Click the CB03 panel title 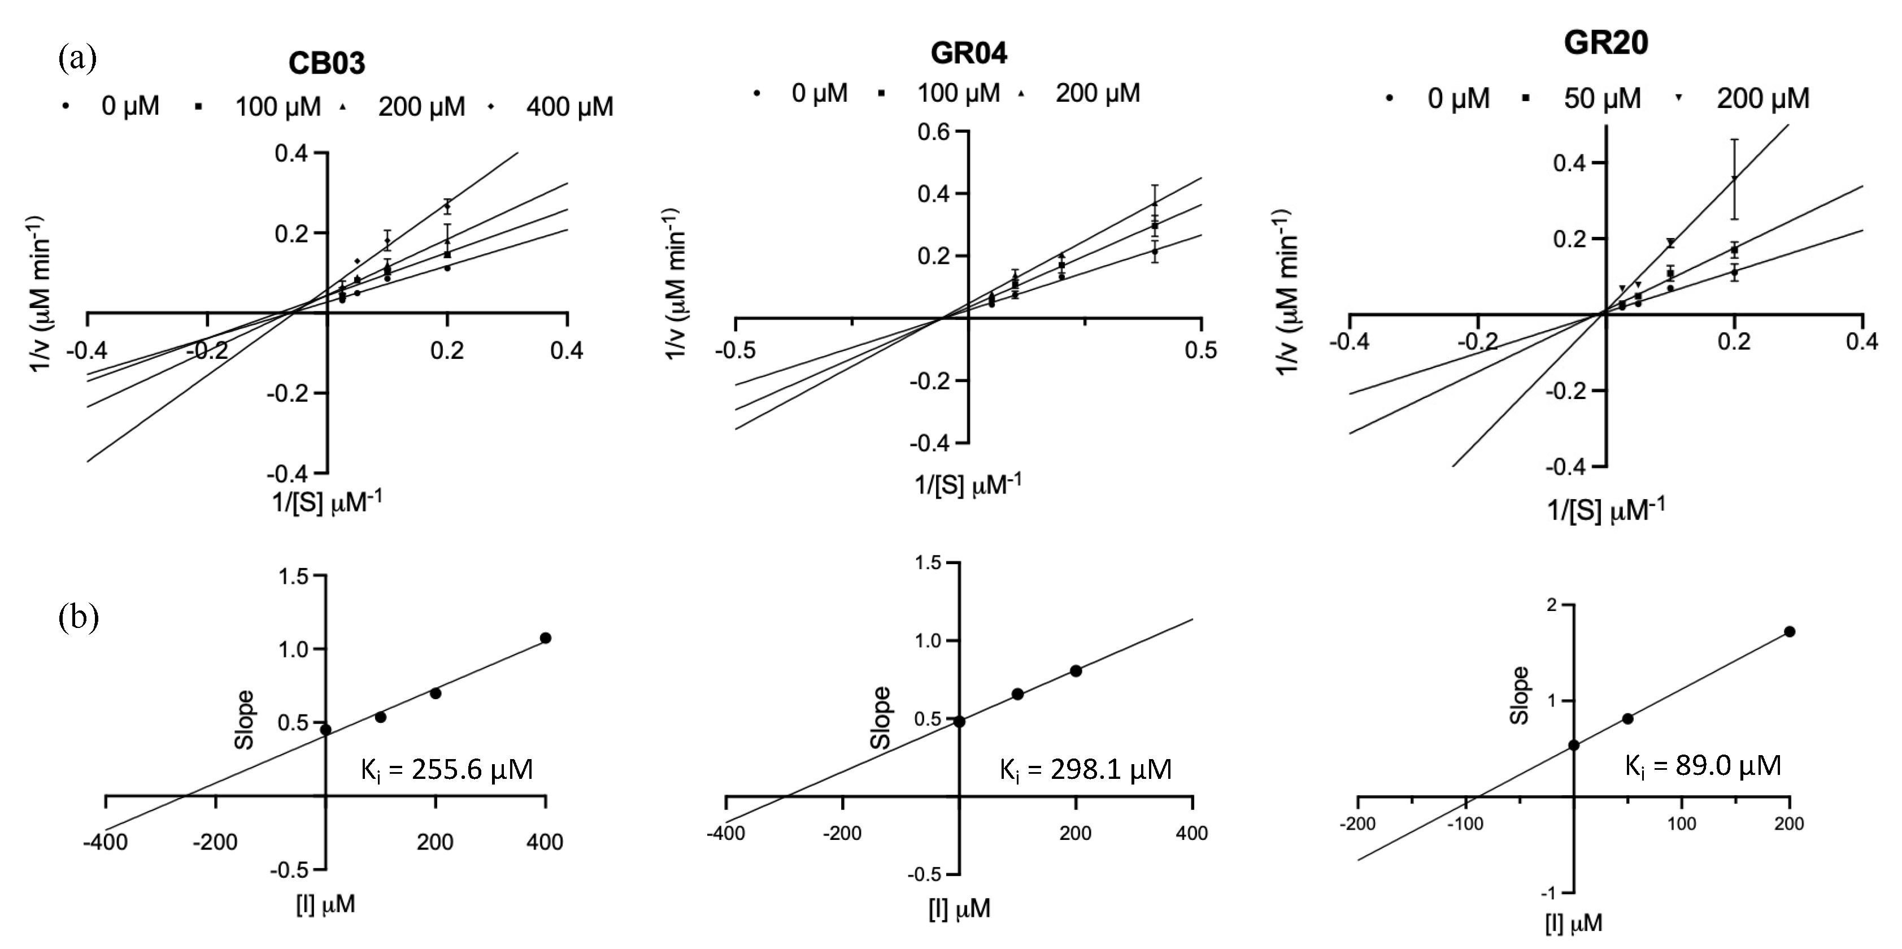(x=327, y=63)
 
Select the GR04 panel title (x=968, y=53)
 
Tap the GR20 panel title (x=1605, y=43)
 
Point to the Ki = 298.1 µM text (x=1085, y=769)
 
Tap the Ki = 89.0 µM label (x=1702, y=766)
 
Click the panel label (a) (x=77, y=58)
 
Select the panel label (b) (x=77, y=617)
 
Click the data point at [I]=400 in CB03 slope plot (x=546, y=638)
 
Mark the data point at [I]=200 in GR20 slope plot (x=1789, y=631)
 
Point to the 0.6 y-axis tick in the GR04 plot (x=933, y=132)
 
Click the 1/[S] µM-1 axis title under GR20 (x=1605, y=510)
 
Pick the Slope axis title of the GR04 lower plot (x=880, y=717)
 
